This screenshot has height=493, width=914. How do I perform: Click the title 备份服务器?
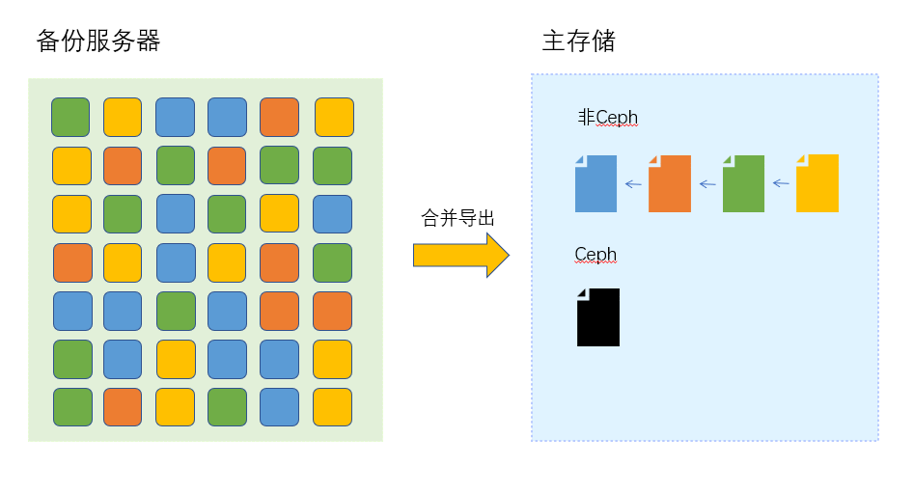point(97,41)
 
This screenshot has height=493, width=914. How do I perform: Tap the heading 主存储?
point(579,41)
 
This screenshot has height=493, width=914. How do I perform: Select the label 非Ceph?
point(607,118)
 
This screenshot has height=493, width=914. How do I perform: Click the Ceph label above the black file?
point(595,255)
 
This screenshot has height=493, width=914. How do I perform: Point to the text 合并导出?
point(458,218)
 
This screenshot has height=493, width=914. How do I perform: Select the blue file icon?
point(595,183)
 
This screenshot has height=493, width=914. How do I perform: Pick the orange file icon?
point(670,183)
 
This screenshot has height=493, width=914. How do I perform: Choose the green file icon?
point(743,183)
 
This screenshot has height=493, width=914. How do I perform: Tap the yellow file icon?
point(817,183)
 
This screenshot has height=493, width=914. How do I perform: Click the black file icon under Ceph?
point(598,317)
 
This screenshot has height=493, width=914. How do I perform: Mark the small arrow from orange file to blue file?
point(633,183)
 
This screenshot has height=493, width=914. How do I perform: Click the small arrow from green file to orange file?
point(706,183)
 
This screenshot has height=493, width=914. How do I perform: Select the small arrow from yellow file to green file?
point(780,183)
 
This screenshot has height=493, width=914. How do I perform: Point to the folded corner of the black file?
point(581,293)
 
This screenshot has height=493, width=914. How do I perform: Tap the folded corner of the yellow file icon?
point(800,159)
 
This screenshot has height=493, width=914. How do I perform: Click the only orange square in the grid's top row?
point(279,118)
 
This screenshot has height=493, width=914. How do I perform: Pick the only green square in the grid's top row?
point(70,118)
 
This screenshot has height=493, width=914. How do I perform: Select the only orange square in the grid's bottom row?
point(123,407)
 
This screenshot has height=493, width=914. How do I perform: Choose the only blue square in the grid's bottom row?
point(279,407)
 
